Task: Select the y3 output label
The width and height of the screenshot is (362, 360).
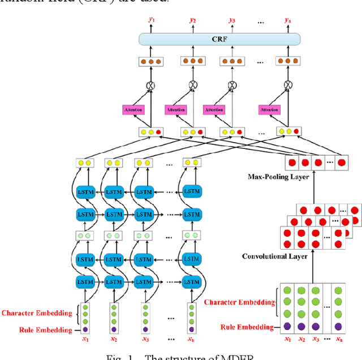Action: pos(231,20)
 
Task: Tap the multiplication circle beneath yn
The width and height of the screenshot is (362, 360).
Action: pos(288,85)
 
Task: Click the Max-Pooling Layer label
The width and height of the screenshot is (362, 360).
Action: pos(279,177)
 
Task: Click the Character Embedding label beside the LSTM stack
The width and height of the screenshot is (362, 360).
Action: pos(37,312)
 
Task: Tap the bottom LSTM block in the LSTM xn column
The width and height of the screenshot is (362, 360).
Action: pos(193,281)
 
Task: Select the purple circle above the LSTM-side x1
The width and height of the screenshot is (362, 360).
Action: pos(86,329)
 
